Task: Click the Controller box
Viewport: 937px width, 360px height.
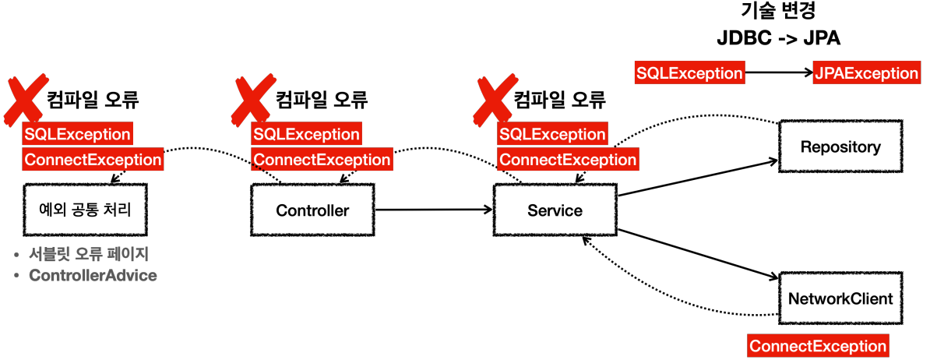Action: [x=312, y=210]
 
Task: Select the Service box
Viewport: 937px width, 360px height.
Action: [x=555, y=210]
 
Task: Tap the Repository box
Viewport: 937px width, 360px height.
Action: [x=840, y=146]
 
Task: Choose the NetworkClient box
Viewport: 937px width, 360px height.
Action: [x=840, y=298]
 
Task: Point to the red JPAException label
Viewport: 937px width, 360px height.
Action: [x=865, y=73]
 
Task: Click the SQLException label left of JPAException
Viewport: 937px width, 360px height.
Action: [x=689, y=73]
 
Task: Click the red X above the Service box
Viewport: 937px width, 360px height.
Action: [x=495, y=99]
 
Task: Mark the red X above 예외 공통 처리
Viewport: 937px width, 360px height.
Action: [x=25, y=99]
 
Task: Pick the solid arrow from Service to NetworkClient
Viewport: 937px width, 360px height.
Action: [x=697, y=253]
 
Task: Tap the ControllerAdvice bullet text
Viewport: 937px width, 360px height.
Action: [x=92, y=276]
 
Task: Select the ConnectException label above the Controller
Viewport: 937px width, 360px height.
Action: [x=322, y=160]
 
